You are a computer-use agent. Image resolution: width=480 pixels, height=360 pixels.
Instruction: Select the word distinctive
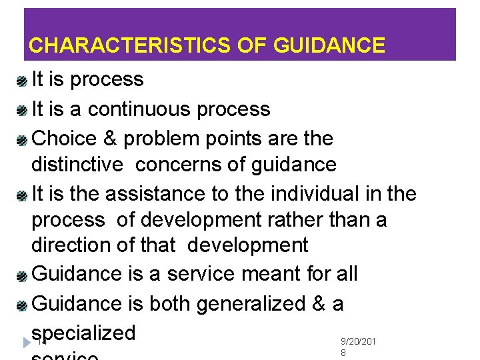click(x=77, y=165)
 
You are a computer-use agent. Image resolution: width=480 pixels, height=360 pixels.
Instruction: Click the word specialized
click(x=83, y=333)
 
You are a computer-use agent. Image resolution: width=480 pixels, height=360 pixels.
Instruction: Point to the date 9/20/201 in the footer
click(x=358, y=342)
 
